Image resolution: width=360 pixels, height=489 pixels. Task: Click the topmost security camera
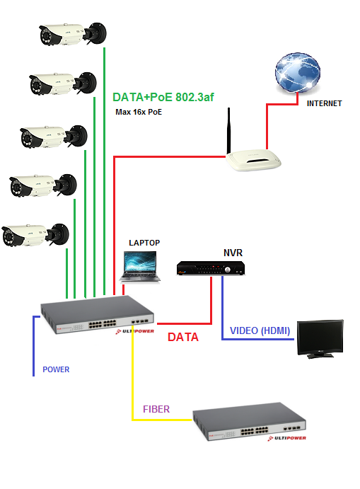pyautogui.click(x=73, y=34)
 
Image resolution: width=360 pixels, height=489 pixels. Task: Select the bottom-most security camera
pyautogui.click(x=35, y=235)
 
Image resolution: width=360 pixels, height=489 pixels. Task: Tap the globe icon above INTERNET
pyautogui.click(x=297, y=73)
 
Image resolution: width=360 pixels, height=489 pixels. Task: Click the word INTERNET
pyautogui.click(x=324, y=103)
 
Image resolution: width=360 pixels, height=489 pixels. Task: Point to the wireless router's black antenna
pyautogui.click(x=228, y=130)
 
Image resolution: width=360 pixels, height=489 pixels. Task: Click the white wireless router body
pyautogui.click(x=253, y=161)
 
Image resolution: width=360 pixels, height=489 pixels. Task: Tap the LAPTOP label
pyautogui.click(x=144, y=243)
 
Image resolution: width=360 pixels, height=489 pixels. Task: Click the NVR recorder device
pyautogui.click(x=211, y=268)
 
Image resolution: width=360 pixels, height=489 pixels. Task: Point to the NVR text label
pyautogui.click(x=233, y=253)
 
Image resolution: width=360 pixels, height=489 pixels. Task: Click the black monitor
pyautogui.click(x=320, y=339)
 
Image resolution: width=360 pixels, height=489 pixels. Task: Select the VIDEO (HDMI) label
pyautogui.click(x=260, y=330)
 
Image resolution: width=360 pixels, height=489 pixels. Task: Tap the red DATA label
pyautogui.click(x=183, y=337)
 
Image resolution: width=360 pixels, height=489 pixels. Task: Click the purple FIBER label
pyautogui.click(x=156, y=409)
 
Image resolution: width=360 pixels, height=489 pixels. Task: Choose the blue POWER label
pyautogui.click(x=56, y=369)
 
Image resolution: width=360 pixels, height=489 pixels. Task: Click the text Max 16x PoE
pyautogui.click(x=139, y=112)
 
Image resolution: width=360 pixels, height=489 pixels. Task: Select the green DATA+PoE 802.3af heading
pyautogui.click(x=163, y=97)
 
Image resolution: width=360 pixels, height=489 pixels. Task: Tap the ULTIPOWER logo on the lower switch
pyautogui.click(x=286, y=438)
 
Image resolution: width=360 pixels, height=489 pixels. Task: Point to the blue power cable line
pyautogui.click(x=34, y=346)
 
